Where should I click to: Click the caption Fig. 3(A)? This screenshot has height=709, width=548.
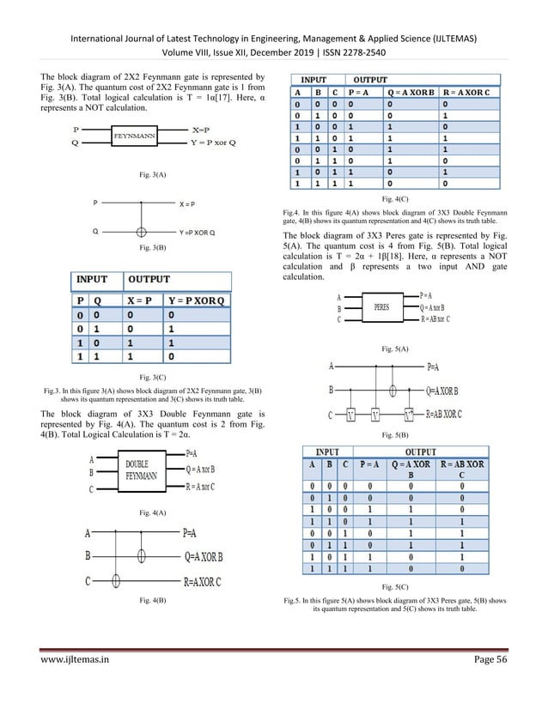pos(152,174)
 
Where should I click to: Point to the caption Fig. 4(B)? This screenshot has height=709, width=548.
pos(152,598)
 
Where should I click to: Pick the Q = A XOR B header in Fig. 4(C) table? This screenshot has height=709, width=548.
pos(406,93)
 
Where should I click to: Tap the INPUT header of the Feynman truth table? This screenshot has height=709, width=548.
pos(93,280)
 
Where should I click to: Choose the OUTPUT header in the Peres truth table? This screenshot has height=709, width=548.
pos(420,452)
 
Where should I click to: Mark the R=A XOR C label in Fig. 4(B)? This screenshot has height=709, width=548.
pos(202,581)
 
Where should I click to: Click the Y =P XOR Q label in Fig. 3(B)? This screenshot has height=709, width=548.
pos(198,233)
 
